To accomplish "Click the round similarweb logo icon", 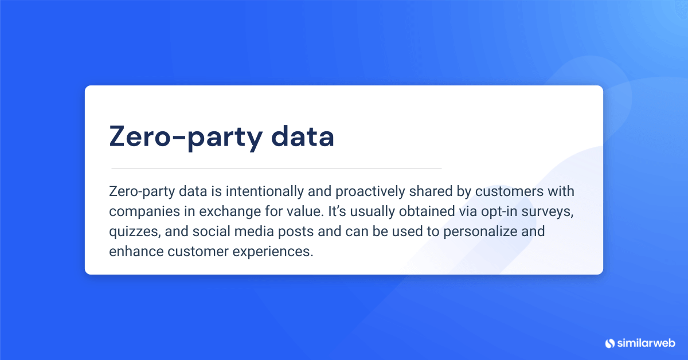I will tap(610, 343).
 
